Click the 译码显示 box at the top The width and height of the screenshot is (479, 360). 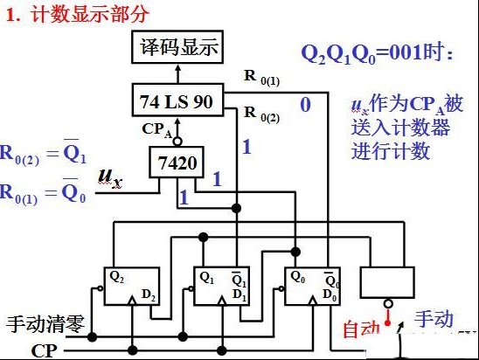[177, 47]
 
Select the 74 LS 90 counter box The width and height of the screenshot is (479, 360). [177, 100]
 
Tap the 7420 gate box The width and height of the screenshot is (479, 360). [177, 163]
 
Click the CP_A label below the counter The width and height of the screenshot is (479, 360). [156, 130]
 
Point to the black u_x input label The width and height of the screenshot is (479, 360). [110, 177]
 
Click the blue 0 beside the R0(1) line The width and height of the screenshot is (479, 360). [305, 105]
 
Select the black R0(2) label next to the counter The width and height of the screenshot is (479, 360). [262, 114]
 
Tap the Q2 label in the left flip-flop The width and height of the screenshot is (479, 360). [116, 277]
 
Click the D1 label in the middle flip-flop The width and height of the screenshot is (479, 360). [239, 295]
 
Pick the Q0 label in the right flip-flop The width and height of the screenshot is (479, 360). [297, 277]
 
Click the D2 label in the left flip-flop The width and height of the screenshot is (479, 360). [149, 295]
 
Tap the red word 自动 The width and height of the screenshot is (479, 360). [361, 329]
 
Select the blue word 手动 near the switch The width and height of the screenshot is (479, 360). [434, 319]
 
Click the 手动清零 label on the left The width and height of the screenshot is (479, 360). [45, 324]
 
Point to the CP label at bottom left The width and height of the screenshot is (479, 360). [44, 351]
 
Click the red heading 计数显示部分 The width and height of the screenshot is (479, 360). [90, 15]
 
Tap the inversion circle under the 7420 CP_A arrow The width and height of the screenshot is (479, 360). [177, 142]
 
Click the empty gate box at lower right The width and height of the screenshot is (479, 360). [387, 282]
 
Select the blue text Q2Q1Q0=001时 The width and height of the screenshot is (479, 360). [377, 53]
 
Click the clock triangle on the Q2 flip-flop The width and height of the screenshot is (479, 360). [132, 301]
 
